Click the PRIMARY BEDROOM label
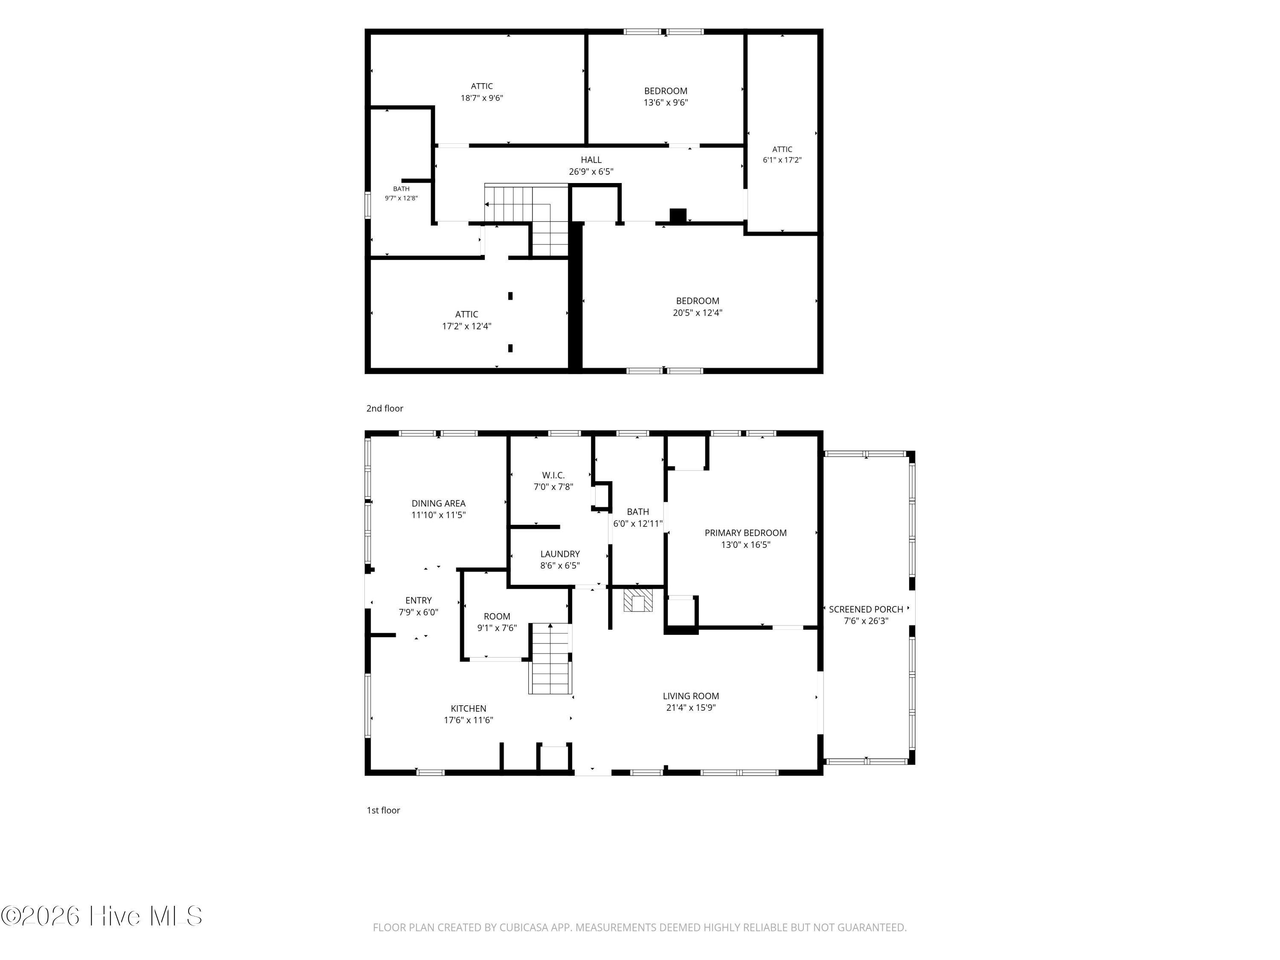745,533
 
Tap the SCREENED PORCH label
866,609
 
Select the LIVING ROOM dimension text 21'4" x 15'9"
691,708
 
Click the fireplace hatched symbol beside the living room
638,600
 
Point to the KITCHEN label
468,708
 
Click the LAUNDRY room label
559,554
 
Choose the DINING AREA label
438,503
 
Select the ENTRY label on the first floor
419,601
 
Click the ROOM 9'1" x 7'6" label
497,622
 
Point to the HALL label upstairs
591,160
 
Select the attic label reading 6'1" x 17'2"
782,154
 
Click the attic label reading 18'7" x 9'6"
481,92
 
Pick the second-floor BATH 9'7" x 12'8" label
401,193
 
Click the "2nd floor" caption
385,409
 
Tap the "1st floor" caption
383,810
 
